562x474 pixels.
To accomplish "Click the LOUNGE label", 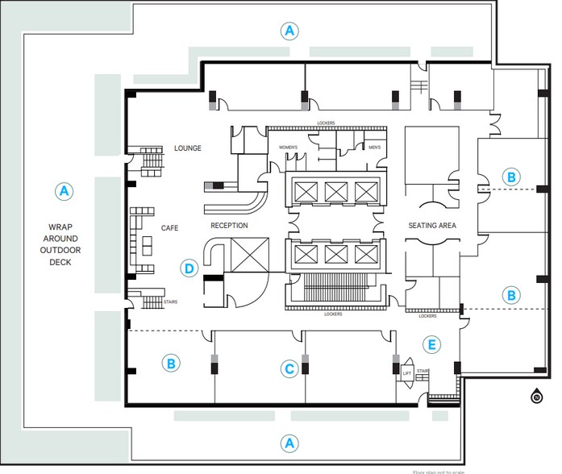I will tap(187, 148).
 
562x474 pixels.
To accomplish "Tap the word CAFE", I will tap(169, 228).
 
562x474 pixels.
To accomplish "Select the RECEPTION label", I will tap(229, 226).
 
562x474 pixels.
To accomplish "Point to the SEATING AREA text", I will tap(432, 226).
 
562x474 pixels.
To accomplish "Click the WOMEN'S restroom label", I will tap(289, 148).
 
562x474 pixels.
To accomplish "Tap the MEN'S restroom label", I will tap(374, 148).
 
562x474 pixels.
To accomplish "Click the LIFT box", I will tap(407, 374).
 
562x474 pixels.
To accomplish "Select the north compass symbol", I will tap(536, 396).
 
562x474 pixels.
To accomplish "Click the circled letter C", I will tap(289, 369).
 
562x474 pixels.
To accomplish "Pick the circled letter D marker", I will tap(189, 268).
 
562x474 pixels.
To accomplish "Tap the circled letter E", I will tap(432, 345).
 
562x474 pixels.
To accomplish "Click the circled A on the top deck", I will tap(289, 31).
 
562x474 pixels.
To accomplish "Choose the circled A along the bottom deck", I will tap(289, 443).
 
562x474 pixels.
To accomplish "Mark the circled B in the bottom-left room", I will tap(171, 364).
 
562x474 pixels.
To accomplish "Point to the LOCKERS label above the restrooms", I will tap(326, 123).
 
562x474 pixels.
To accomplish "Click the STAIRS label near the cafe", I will tap(170, 302).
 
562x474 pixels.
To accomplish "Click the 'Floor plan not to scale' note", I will tap(439, 472).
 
